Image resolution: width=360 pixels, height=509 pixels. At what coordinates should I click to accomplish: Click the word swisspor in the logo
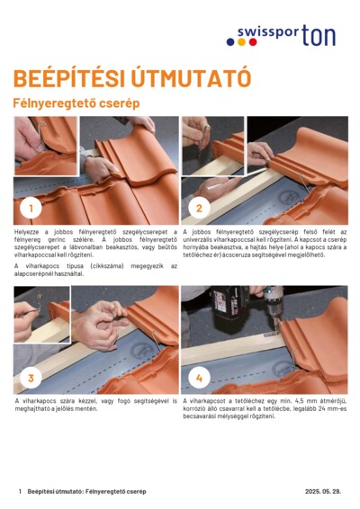(267, 38)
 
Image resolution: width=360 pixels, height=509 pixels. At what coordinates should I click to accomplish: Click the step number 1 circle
(31, 208)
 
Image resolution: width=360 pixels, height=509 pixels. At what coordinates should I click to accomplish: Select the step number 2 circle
(198, 208)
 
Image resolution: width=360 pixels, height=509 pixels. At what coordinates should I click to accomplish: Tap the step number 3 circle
(31, 378)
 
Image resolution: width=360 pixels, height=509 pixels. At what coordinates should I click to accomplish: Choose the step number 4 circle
(198, 378)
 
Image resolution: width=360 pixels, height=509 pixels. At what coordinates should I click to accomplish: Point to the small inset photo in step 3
(41, 314)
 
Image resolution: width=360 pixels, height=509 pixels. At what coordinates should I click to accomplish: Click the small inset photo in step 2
(207, 144)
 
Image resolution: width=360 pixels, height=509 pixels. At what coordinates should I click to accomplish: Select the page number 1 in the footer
(20, 492)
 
